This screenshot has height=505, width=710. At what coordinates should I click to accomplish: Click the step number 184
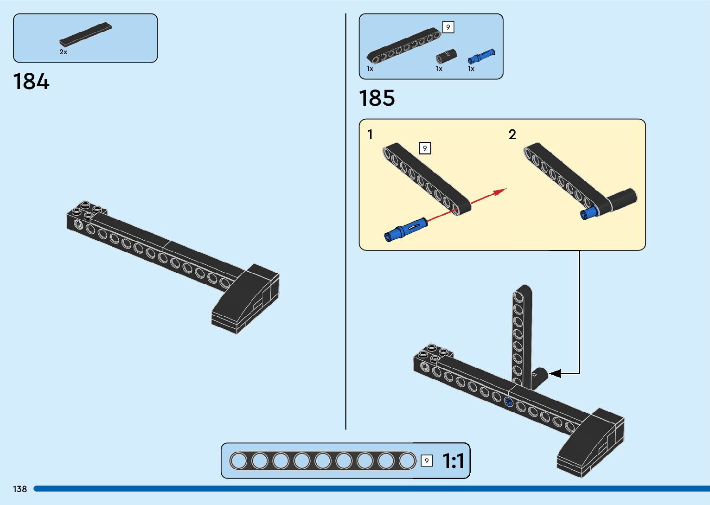point(31,82)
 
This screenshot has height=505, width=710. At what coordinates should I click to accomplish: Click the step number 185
point(377,98)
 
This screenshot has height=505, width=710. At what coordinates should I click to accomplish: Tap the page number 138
point(20,489)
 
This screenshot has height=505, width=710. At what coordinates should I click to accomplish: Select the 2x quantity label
point(63,52)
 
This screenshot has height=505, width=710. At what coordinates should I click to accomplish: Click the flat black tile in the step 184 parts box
point(86,34)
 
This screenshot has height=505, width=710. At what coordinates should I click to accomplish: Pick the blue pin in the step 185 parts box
point(481,57)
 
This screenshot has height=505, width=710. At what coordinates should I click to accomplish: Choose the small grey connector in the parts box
point(446,56)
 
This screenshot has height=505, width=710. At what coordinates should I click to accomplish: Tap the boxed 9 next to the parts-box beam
point(448,27)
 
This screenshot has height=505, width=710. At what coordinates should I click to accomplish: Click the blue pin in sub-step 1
point(405,230)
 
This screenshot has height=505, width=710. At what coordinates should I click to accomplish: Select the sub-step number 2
point(512,134)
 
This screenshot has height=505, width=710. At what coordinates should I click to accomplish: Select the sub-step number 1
point(370,134)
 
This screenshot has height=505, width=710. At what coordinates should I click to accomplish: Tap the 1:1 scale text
point(453,461)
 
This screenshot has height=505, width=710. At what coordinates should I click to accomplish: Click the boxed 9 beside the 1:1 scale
point(427,461)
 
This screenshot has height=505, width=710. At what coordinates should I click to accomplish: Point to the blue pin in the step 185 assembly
point(508,402)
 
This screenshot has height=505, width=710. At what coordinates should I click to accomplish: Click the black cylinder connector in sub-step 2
point(621,199)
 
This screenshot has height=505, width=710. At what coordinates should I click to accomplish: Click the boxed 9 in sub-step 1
point(425,148)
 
